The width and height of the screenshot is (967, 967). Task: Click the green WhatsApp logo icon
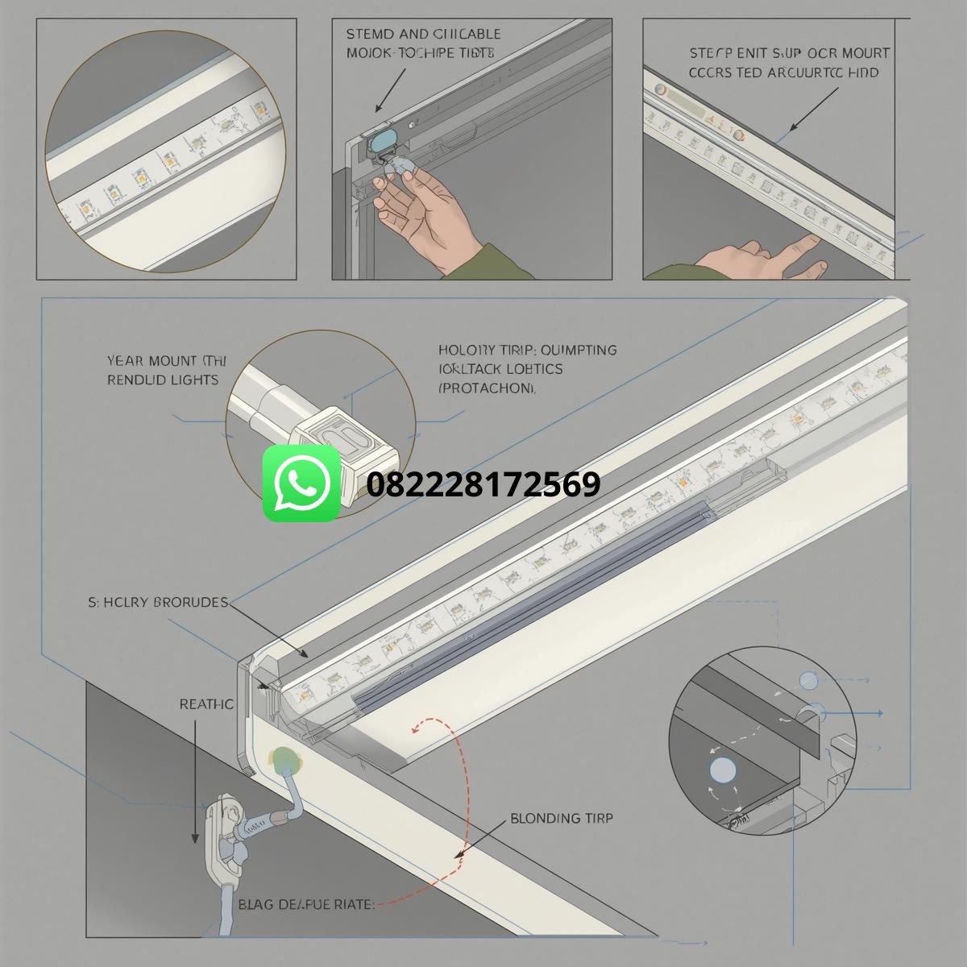pyautogui.click(x=302, y=483)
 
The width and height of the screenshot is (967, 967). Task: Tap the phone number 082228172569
pyautogui.click(x=483, y=485)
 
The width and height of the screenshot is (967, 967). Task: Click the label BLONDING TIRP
pyautogui.click(x=562, y=819)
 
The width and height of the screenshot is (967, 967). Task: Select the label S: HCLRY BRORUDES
pyautogui.click(x=158, y=602)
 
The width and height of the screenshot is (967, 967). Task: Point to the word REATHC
pyautogui.click(x=206, y=704)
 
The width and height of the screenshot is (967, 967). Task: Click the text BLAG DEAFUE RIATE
pyautogui.click(x=306, y=904)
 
